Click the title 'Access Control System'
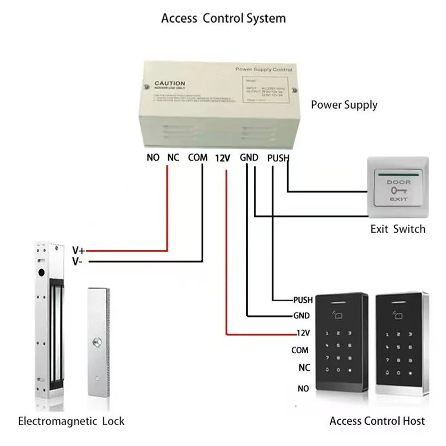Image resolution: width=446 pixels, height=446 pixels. pos(223,19)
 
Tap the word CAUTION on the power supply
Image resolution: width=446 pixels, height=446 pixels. pos(169,83)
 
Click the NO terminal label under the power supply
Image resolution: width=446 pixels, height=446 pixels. pos(153,158)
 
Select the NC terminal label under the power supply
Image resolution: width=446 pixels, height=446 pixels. pos(173,158)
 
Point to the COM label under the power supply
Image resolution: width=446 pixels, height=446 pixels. pos(198,158)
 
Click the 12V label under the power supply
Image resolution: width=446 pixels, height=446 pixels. pos(223,158)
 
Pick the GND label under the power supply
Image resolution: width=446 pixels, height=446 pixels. pos(249,158)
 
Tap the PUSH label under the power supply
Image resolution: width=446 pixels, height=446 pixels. pos(278,158)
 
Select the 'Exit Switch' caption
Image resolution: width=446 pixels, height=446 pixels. pos(398,229)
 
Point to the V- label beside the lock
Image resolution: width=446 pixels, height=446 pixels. pos(77,262)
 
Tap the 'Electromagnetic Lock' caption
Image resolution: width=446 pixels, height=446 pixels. pos(71,421)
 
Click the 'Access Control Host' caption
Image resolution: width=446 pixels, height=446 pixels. pos(377,421)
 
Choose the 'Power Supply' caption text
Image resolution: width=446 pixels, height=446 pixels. pos(344,105)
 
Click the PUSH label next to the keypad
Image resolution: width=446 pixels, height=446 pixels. pos(302,301)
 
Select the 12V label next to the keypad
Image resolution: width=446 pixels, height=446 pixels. pos(303,333)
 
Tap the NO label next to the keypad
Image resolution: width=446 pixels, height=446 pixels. pos(303,389)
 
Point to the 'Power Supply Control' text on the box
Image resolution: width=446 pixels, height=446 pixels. pos(263,70)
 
